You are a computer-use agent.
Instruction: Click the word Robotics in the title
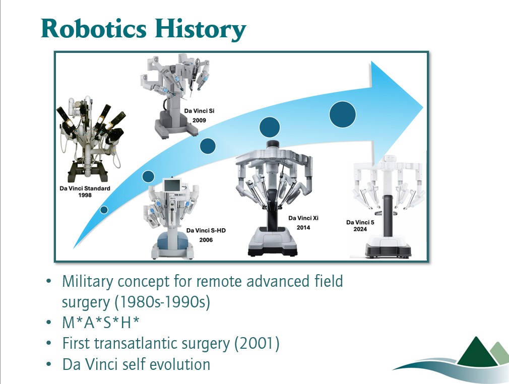94,29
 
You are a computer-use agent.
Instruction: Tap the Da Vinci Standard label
85,188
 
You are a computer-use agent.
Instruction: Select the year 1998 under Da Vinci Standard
85,195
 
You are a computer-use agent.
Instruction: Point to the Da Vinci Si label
199,111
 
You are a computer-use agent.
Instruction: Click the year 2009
199,120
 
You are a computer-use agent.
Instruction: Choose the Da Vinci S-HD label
206,230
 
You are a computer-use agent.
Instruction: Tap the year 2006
206,240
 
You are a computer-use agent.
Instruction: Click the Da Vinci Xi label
303,218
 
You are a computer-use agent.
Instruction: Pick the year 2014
303,228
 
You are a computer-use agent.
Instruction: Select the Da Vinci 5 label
360,222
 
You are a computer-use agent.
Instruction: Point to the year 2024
360,229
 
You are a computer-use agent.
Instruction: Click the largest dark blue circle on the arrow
343,114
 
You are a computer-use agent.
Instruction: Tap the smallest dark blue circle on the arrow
104,210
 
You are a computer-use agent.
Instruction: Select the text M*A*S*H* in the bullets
101,323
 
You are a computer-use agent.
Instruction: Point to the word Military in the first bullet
88,282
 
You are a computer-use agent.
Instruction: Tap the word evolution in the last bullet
177,364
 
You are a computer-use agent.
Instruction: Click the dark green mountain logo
476,352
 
